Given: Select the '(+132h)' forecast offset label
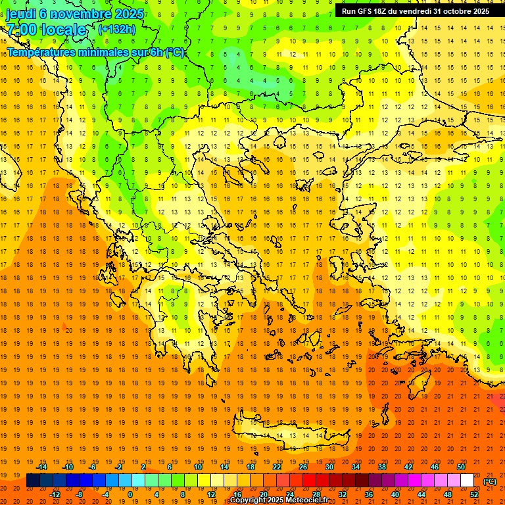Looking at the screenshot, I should point(116,29).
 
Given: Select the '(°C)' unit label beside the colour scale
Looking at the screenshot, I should point(489,481).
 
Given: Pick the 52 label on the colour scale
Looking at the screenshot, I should point(474,494).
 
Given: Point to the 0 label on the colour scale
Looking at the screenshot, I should point(130,494).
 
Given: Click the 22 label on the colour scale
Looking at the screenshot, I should point(277,467).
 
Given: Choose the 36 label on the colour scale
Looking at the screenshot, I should point(369,494).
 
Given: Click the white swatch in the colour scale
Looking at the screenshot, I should point(468,481).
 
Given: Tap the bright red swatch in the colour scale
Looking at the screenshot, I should point(310,481).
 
